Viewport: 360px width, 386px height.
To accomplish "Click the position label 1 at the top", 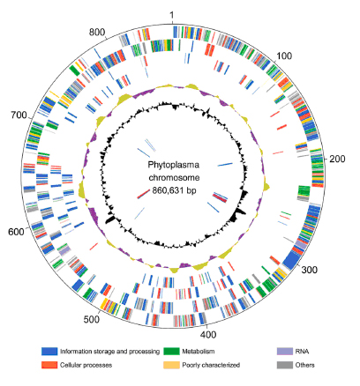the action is coord(172,15).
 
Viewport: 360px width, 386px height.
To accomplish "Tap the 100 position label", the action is coord(284,56).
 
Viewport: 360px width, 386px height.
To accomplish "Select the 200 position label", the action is coord(337,160).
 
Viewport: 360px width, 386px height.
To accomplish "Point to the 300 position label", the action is coord(310,270).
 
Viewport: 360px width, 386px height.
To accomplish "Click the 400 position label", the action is coord(208,334).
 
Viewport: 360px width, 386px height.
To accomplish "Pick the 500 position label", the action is coord(92,320).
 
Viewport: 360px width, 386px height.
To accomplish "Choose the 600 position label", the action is coord(16,232).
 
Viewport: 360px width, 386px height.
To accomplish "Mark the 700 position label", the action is coord(19,115).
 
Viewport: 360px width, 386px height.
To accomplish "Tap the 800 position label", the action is coord(97,32).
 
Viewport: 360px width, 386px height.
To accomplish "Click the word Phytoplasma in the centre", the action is coord(173,165).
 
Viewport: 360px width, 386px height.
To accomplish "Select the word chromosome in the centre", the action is coord(174,178).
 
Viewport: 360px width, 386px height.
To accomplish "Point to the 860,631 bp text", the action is coord(174,190).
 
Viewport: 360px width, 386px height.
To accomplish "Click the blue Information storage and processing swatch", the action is coord(49,352).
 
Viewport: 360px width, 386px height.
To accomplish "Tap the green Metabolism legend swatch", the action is coord(171,352).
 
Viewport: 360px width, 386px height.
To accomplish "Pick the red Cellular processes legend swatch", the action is coord(49,365).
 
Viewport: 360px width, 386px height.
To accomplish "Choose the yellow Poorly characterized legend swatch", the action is coord(171,365).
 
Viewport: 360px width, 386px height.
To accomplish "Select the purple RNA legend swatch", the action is coord(285,352).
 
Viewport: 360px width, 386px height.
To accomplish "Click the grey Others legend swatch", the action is coord(285,365).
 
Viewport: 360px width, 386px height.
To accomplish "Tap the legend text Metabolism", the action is coord(199,352).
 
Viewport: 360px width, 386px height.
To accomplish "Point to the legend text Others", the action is coord(305,365).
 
